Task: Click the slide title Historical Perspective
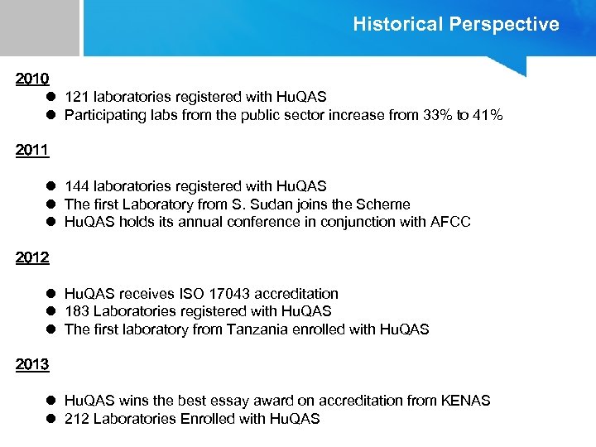455,24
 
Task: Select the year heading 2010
32,79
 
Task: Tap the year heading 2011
32,151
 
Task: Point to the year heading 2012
32,257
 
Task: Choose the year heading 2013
32,364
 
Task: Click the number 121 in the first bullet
77,98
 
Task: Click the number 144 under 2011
77,186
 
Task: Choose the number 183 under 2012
77,311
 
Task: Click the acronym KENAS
464,401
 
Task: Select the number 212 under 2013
77,419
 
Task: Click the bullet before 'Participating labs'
50,115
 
